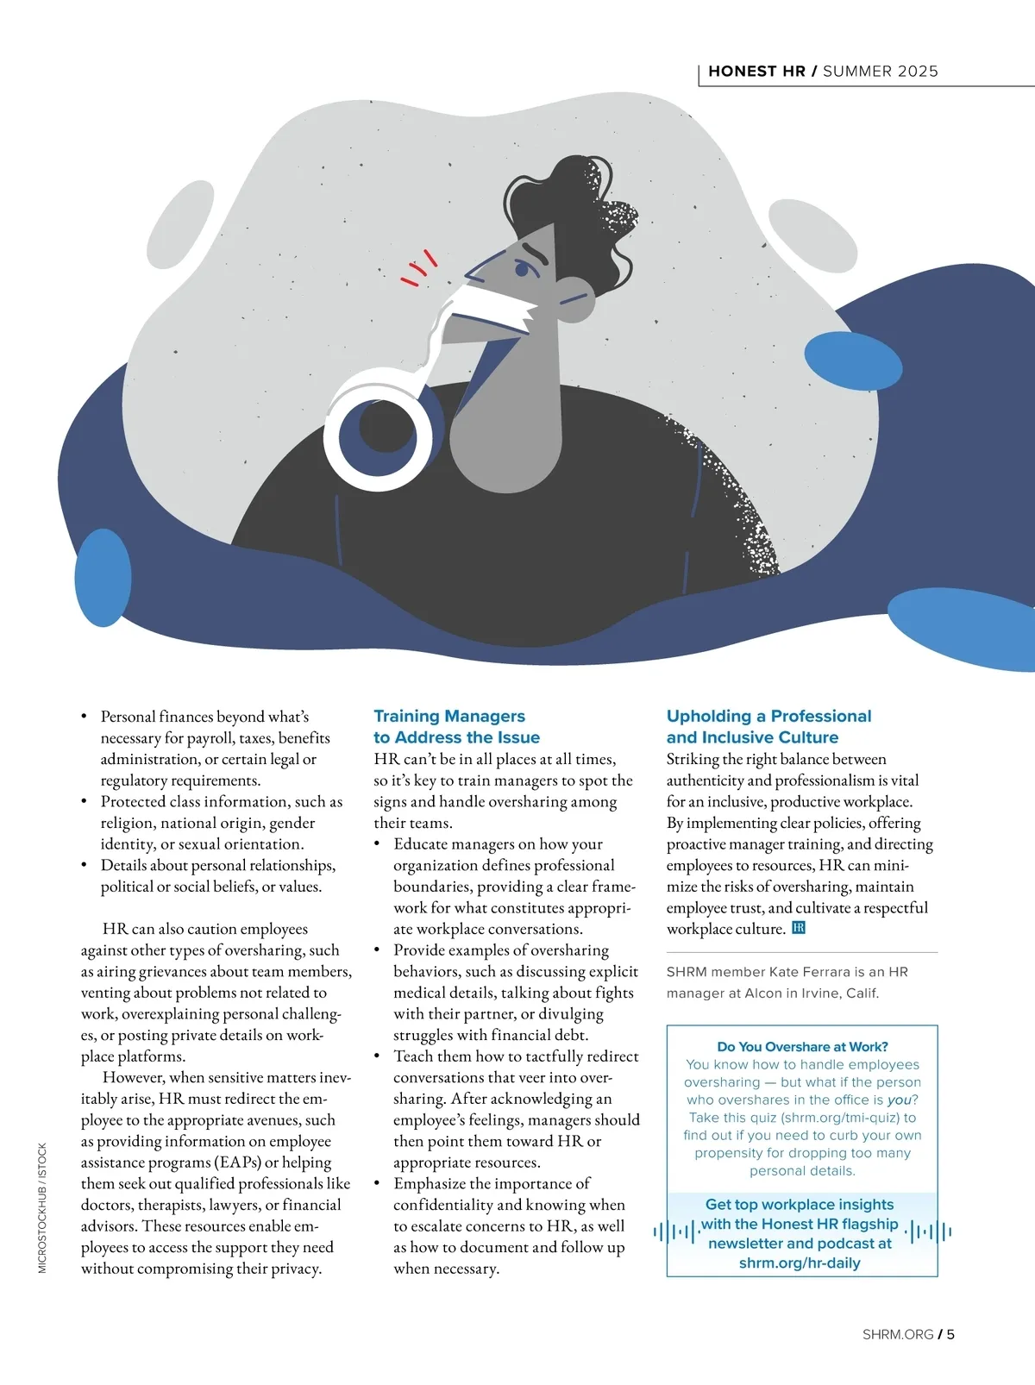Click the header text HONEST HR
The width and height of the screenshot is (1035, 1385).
click(756, 72)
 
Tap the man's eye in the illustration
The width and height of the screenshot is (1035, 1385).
click(522, 269)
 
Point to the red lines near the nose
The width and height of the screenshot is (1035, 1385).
click(419, 268)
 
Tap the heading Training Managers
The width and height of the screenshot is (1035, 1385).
click(449, 716)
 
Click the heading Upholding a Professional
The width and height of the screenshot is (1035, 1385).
click(768, 716)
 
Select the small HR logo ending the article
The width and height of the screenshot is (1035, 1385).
click(798, 928)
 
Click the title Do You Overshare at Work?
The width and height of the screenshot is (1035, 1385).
click(802, 1046)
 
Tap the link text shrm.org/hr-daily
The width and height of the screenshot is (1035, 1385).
click(800, 1263)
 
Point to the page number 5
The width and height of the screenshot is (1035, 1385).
click(950, 1334)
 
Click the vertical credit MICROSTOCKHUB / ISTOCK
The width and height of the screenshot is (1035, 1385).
click(42, 1207)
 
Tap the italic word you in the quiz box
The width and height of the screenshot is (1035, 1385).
click(899, 1100)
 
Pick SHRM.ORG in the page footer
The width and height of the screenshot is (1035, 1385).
click(897, 1334)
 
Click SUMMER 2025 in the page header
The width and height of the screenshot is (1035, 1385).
click(880, 72)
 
